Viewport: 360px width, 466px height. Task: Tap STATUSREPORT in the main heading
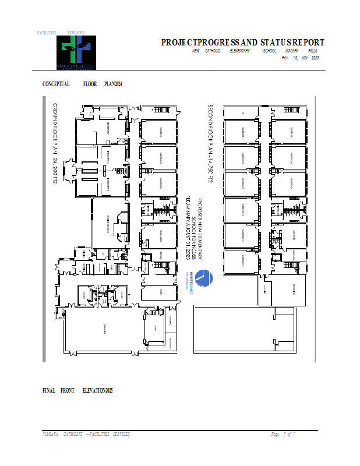tap(295, 43)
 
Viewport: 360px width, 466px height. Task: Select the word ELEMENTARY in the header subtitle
tap(239, 51)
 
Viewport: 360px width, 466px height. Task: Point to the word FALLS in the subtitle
tap(311, 51)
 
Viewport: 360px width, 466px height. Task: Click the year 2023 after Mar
tap(315, 58)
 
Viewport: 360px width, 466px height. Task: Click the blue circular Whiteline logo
tap(201, 279)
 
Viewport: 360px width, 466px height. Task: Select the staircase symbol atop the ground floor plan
tap(161, 110)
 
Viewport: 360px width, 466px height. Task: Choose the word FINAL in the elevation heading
tap(49, 390)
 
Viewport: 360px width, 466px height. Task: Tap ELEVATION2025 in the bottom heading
tap(97, 390)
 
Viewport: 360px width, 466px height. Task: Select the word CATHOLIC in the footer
tap(72, 435)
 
